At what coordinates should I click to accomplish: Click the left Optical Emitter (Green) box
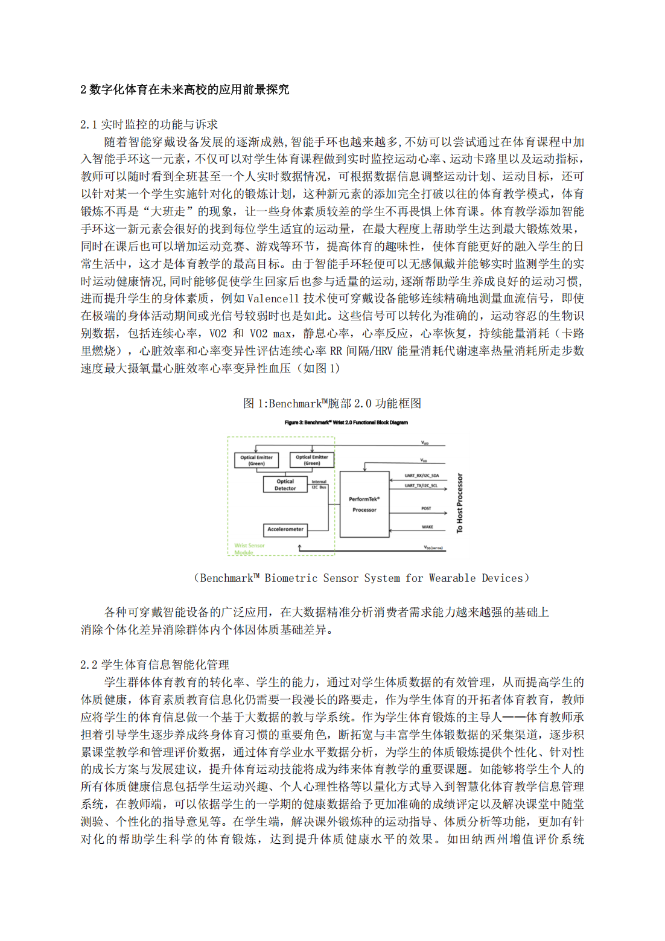click(256, 460)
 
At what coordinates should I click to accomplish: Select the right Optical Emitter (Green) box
click(311, 460)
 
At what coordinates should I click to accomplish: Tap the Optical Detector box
click(285, 485)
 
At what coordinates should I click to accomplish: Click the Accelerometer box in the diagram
click(285, 529)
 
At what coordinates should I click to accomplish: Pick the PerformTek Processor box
click(364, 505)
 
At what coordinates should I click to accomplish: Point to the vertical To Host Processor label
click(460, 503)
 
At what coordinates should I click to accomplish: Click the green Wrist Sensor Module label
click(249, 549)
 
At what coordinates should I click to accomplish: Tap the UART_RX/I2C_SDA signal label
click(421, 476)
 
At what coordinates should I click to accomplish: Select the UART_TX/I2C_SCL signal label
click(421, 485)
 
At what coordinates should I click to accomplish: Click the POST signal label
click(426, 508)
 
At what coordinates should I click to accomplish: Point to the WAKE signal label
click(427, 527)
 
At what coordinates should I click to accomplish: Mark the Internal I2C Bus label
click(319, 484)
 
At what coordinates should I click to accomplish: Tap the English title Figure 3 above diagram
click(346, 423)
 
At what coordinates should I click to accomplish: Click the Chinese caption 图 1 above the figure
click(332, 403)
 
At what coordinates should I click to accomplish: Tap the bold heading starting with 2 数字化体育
click(185, 89)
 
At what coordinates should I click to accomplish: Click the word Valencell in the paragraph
click(273, 298)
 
